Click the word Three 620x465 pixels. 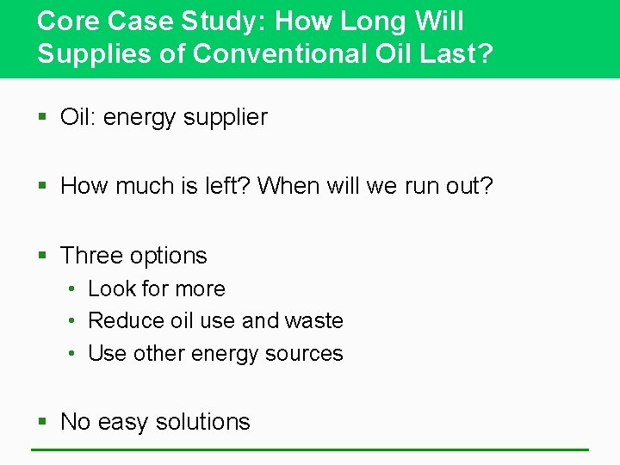coord(92,256)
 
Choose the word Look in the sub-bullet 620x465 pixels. coord(108,288)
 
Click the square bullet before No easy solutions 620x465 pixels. coord(43,423)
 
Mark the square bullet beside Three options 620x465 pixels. coord(43,257)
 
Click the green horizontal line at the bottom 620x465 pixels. coord(310,449)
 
